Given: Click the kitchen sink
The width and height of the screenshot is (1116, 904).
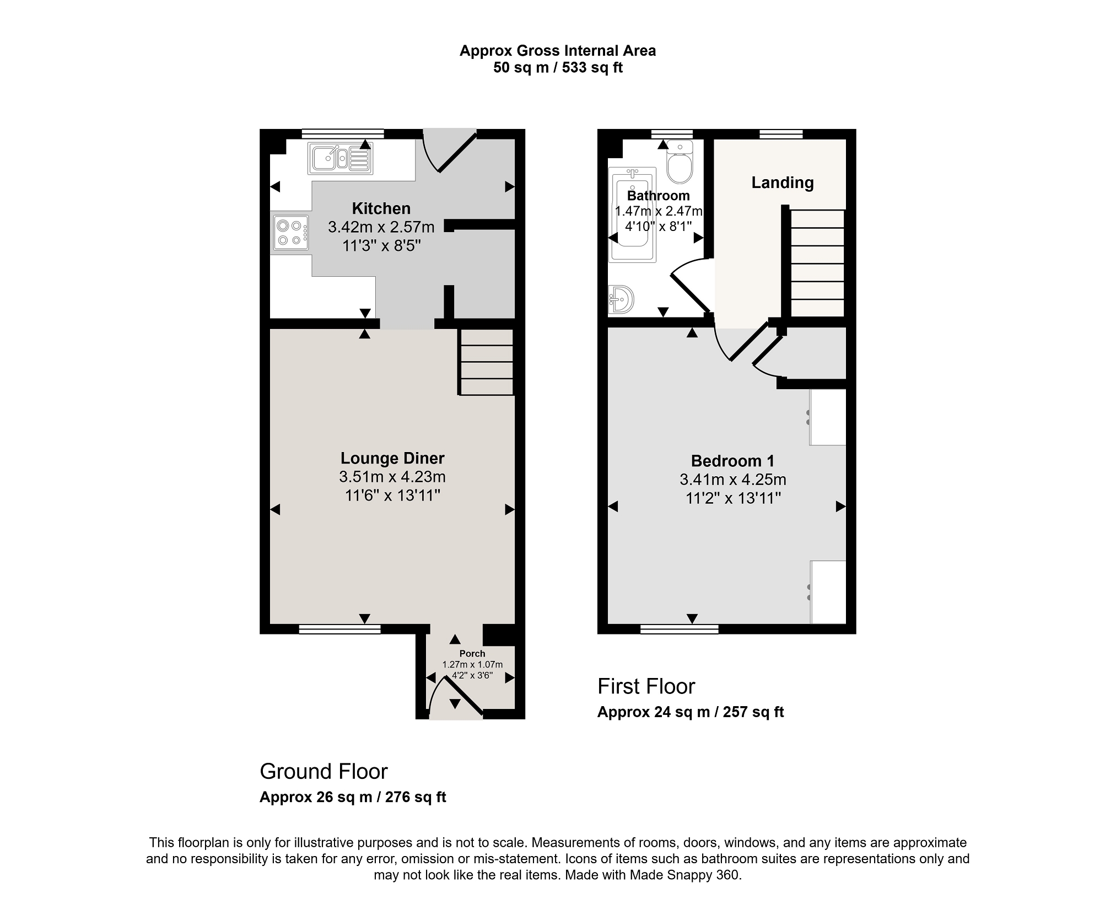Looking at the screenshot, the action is tap(341, 158).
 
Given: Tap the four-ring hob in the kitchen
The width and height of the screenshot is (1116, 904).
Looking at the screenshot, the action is tap(290, 233).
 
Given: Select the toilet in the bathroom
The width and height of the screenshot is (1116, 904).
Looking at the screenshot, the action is tap(680, 161).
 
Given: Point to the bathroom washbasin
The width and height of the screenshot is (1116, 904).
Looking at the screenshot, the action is tap(622, 300).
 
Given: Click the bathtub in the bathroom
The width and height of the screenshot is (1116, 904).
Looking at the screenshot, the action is tap(633, 214).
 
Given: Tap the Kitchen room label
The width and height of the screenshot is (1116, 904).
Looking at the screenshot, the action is tap(381, 208).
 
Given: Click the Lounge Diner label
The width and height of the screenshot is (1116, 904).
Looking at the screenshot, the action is tap(392, 458).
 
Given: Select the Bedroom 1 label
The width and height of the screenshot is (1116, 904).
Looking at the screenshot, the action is tap(732, 461).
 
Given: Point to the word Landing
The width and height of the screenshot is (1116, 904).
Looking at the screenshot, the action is tap(783, 182).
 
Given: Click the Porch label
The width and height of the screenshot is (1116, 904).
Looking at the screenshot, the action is tap(472, 654).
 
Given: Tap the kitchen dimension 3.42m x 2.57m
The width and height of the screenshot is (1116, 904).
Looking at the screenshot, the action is tap(381, 227).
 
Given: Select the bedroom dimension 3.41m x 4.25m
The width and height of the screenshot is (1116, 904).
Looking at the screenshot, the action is tap(732, 480).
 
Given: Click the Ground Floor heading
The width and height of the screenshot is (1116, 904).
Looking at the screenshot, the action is tap(324, 772).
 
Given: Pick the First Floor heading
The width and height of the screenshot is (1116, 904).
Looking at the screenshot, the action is tap(646, 687).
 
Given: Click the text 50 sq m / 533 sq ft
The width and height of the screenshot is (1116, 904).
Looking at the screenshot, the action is tap(558, 68).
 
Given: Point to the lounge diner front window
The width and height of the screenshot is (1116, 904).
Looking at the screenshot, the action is tap(339, 629).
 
